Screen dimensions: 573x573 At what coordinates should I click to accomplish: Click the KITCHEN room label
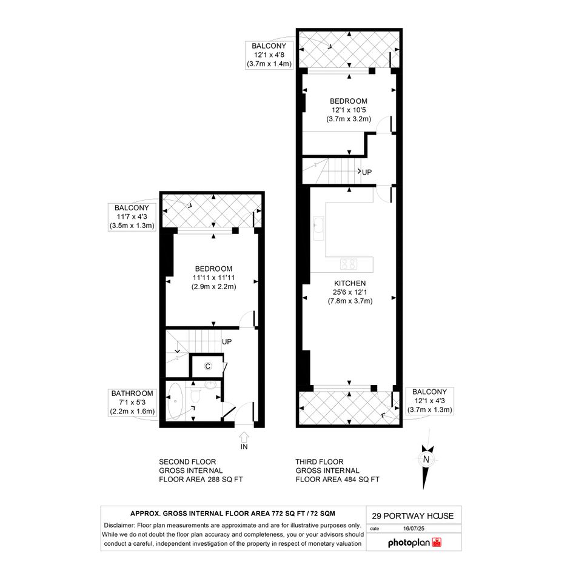pos(350,283)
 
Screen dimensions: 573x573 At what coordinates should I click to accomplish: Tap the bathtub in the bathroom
pos(175,401)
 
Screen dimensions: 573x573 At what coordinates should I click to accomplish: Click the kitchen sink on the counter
pos(319,229)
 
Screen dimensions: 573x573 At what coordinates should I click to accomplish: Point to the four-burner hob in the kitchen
pos(349,264)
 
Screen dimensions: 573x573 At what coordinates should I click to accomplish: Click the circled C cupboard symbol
pos(208,366)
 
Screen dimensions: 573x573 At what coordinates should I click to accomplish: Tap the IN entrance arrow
pos(244,441)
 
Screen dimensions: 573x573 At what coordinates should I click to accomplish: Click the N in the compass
pos(426,460)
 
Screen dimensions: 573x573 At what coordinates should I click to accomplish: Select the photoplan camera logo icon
pos(437,542)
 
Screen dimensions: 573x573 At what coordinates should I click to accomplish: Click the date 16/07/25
pos(414,528)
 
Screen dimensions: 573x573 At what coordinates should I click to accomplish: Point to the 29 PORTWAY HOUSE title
pos(413,516)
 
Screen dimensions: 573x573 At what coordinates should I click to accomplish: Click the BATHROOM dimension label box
pos(132,403)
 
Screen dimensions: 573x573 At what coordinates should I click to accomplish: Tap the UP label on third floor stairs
pos(366,172)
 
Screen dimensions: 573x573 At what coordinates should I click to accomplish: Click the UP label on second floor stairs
pos(227,342)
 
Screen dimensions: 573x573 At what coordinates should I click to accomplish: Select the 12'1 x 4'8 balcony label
pos(269,55)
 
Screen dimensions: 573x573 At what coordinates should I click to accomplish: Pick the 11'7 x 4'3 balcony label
pos(132,217)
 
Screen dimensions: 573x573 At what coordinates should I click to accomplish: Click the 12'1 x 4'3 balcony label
pos(430,401)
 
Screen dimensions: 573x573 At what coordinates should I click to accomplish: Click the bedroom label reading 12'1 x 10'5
pos(349,110)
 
